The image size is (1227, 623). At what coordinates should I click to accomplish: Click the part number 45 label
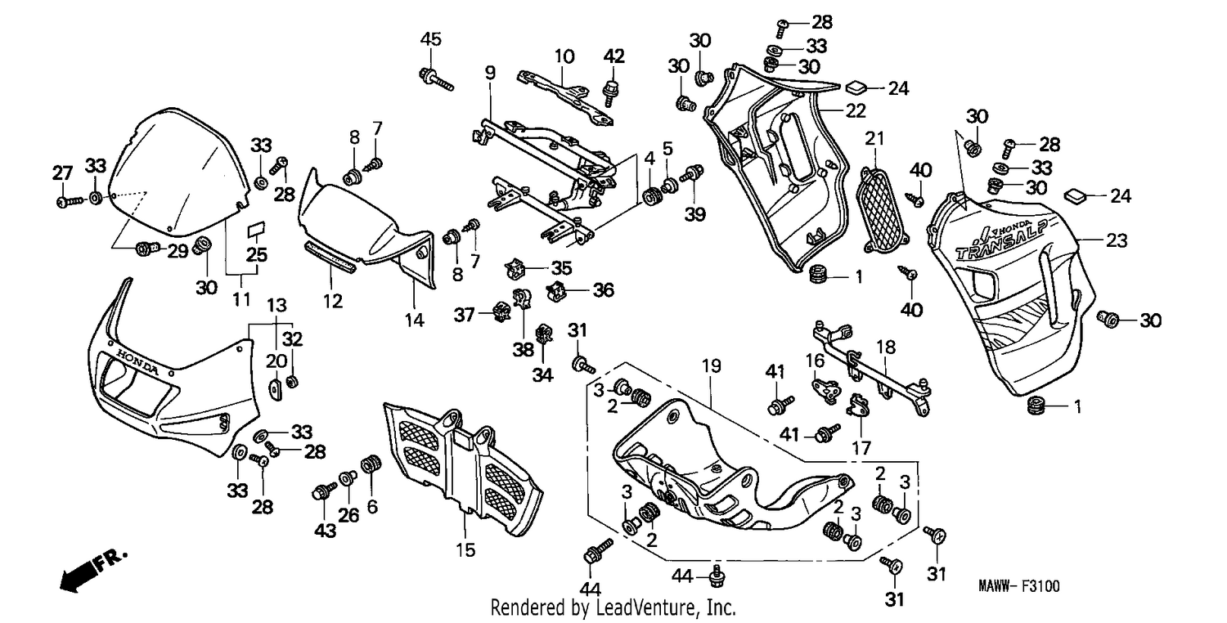pyautogui.click(x=430, y=39)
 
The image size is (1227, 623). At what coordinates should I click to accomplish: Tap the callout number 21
pyautogui.click(x=874, y=138)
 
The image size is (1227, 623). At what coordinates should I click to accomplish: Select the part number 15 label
pyautogui.click(x=465, y=550)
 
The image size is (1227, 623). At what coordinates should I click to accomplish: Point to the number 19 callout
pyautogui.click(x=712, y=365)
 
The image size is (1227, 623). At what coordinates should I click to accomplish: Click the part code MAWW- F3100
pyautogui.click(x=1019, y=586)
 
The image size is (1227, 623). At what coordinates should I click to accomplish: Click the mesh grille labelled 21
pyautogui.click(x=881, y=211)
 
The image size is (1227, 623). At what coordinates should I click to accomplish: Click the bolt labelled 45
pyautogui.click(x=436, y=79)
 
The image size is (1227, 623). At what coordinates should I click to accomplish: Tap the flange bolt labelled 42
pyautogui.click(x=610, y=92)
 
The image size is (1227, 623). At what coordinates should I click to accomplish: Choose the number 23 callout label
pyautogui.click(x=1117, y=240)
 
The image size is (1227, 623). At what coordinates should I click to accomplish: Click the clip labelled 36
pyautogui.click(x=556, y=290)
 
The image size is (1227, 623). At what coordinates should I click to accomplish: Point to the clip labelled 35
pyautogui.click(x=515, y=268)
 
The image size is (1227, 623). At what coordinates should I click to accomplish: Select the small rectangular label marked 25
pyautogui.click(x=256, y=229)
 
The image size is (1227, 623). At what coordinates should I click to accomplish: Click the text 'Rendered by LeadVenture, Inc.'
pyautogui.click(x=613, y=607)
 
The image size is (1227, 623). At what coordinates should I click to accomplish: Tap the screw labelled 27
pyautogui.click(x=70, y=201)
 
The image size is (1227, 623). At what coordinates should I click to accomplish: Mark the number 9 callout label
pyautogui.click(x=490, y=73)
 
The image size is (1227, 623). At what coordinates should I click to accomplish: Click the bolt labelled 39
pyautogui.click(x=692, y=174)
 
